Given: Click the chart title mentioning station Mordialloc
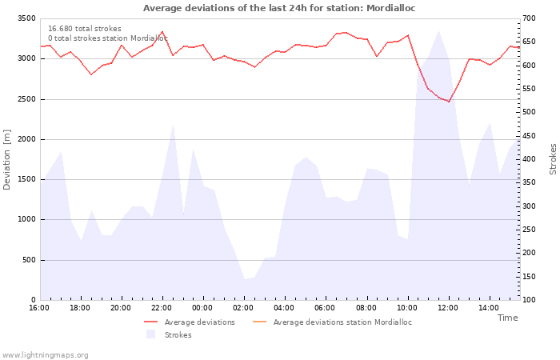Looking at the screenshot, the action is click(x=279, y=8).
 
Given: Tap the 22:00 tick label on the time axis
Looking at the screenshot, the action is click(x=162, y=308).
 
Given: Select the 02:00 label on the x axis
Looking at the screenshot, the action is click(x=243, y=308).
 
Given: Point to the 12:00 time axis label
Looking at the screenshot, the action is click(x=448, y=308).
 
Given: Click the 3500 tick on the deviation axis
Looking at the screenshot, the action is click(x=26, y=18).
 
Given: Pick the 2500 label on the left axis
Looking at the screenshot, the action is click(x=26, y=99).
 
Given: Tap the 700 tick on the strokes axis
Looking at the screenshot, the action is click(x=529, y=18).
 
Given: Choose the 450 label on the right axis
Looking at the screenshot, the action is click(x=529, y=136).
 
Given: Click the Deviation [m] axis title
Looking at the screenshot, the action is click(x=6, y=160).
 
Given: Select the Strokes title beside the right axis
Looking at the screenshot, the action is click(x=553, y=159).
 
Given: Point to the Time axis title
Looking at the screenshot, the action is click(x=508, y=318).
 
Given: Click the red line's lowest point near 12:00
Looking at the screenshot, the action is click(x=449, y=102).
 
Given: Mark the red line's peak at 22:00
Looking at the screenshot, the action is click(x=162, y=31).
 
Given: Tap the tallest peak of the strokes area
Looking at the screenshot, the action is click(x=439, y=30).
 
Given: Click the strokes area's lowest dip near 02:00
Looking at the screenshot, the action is click(x=245, y=279).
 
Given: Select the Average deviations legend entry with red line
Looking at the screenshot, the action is click(x=190, y=322).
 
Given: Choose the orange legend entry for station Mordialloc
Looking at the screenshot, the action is click(x=332, y=322).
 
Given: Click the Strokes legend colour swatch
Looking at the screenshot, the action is click(x=150, y=334).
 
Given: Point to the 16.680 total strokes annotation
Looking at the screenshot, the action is click(x=85, y=29).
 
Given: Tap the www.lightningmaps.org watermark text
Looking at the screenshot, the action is click(x=45, y=355).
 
